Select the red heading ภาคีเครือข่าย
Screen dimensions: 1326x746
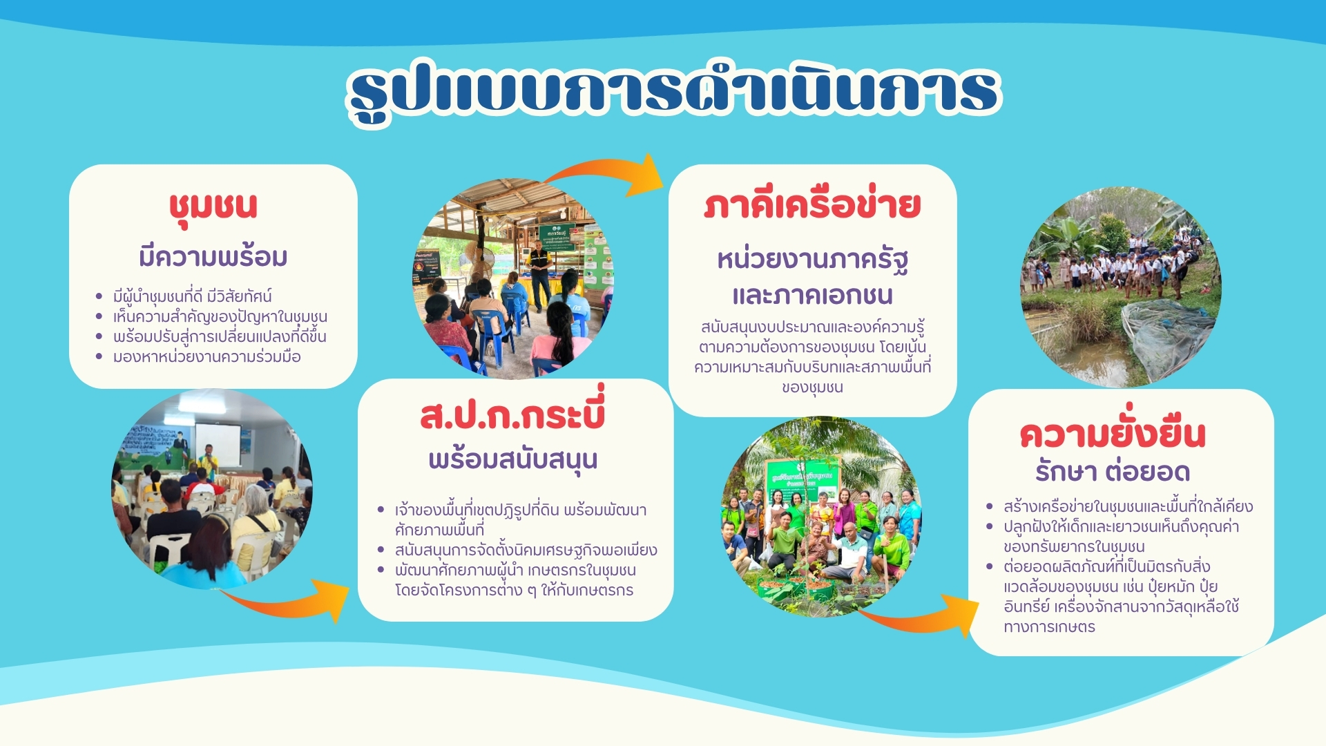(x=812, y=205)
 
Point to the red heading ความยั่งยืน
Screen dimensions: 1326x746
(x=1113, y=432)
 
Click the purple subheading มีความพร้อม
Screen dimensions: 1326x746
(x=213, y=257)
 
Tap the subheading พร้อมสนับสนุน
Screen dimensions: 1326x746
(x=512, y=460)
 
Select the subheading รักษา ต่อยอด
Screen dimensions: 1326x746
(x=1113, y=472)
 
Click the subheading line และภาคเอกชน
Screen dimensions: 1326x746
(x=812, y=295)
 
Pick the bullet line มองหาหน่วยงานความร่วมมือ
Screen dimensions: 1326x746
(x=207, y=357)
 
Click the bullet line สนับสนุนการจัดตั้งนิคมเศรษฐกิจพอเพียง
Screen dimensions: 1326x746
(x=526, y=551)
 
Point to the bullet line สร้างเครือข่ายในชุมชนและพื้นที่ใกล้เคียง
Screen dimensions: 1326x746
(x=1128, y=506)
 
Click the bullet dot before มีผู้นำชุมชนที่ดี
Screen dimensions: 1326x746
(x=99, y=296)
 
